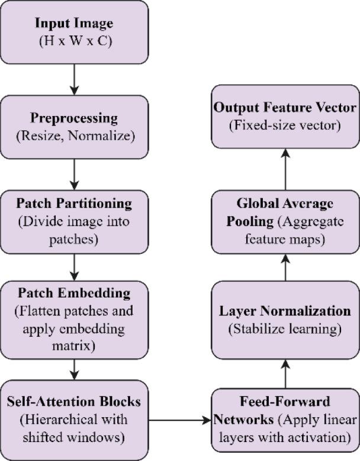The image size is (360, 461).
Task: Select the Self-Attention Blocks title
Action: click(74, 401)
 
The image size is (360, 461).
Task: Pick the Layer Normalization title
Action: click(286, 311)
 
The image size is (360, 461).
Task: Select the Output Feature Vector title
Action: click(286, 108)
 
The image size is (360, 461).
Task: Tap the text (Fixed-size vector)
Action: click(286, 126)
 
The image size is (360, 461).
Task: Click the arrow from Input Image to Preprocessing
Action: click(74, 80)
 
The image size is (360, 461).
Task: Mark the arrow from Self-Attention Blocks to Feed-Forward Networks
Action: click(180, 420)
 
